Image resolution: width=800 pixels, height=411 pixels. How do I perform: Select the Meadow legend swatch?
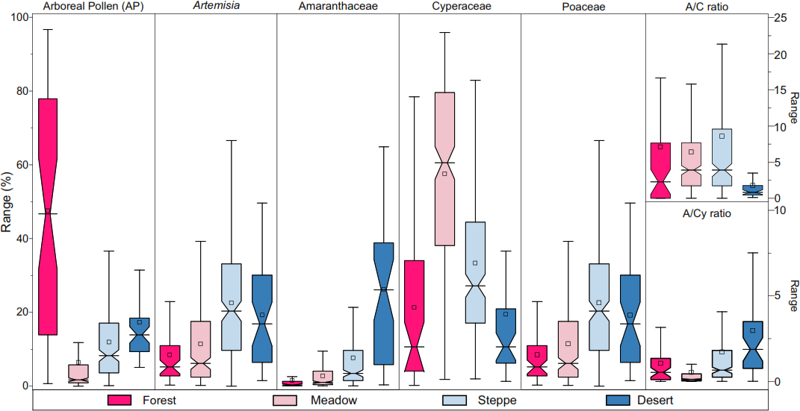(x=287, y=401)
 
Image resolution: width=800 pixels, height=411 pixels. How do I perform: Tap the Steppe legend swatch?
(x=456, y=401)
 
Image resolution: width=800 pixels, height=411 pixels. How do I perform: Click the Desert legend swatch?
(x=619, y=401)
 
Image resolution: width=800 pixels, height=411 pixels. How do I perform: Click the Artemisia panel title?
(x=216, y=6)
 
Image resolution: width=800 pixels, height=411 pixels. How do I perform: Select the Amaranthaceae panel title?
(x=338, y=6)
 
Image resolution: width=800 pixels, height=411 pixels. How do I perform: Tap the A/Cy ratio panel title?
(x=707, y=213)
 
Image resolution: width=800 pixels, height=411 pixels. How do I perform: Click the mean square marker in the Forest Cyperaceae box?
(x=414, y=307)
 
